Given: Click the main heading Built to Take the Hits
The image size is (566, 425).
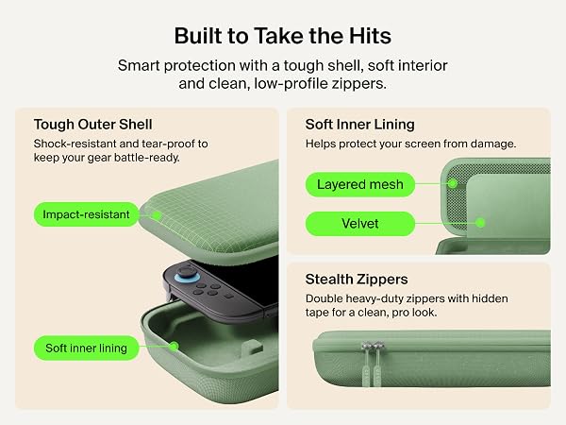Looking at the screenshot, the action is [283, 36].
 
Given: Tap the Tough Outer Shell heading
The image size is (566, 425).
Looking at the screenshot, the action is [92, 125].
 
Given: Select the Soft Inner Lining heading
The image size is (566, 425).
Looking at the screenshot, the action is [360, 125].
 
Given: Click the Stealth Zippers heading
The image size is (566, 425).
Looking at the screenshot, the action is [357, 280].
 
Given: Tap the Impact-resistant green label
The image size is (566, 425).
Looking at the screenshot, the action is [86, 214].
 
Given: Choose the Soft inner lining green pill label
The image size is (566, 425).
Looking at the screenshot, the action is [86, 348].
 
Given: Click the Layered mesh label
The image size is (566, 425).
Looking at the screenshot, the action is [360, 185].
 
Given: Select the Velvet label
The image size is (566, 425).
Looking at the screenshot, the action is [360, 224].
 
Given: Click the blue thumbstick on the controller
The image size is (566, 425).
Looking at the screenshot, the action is [187, 276].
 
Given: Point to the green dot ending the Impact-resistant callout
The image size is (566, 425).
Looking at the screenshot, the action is [157, 215].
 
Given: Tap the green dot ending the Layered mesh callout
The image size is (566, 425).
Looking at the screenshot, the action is [453, 183].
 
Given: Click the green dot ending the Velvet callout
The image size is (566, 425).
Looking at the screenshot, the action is [480, 223].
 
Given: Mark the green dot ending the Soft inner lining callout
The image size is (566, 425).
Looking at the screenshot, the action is [174, 347].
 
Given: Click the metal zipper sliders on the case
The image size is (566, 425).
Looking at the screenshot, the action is [372, 347].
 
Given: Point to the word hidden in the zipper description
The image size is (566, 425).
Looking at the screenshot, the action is [490, 298].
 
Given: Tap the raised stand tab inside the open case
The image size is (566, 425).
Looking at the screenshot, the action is [252, 348].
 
